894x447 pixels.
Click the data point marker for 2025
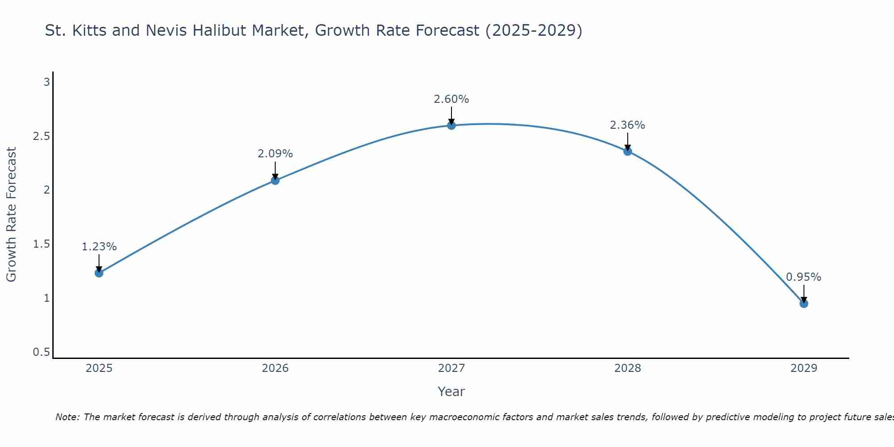(x=99, y=273)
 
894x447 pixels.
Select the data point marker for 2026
(x=275, y=180)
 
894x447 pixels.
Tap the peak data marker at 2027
(x=451, y=125)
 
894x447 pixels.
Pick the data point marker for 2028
(x=628, y=151)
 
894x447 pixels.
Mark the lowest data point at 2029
(x=804, y=304)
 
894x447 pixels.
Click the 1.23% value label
(x=99, y=247)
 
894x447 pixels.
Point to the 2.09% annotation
(x=275, y=154)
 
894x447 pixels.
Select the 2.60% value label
(x=451, y=99)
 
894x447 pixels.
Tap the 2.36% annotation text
(x=628, y=125)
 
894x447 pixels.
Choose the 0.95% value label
(x=804, y=277)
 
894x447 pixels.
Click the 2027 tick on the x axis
(x=451, y=368)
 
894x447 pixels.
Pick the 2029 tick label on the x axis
(x=804, y=368)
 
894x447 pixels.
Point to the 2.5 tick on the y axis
(x=41, y=136)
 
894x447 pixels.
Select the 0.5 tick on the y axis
(x=41, y=352)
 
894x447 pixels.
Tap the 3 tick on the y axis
(x=46, y=82)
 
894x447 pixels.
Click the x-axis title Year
(x=451, y=392)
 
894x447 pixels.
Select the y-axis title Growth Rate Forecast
(x=11, y=215)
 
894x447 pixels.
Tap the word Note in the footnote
(x=67, y=417)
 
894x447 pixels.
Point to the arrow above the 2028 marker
(x=628, y=141)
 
